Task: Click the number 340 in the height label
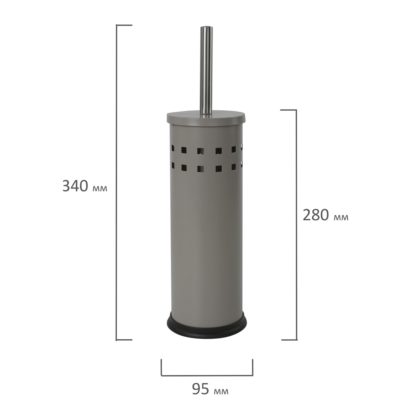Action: coord(75,186)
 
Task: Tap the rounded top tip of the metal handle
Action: coord(206,27)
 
